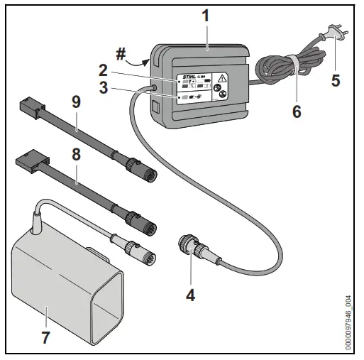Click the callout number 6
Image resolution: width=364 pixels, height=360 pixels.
(x=297, y=111)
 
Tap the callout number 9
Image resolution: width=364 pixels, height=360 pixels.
(x=76, y=102)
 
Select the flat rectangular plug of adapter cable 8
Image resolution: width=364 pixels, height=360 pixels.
(x=26, y=161)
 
